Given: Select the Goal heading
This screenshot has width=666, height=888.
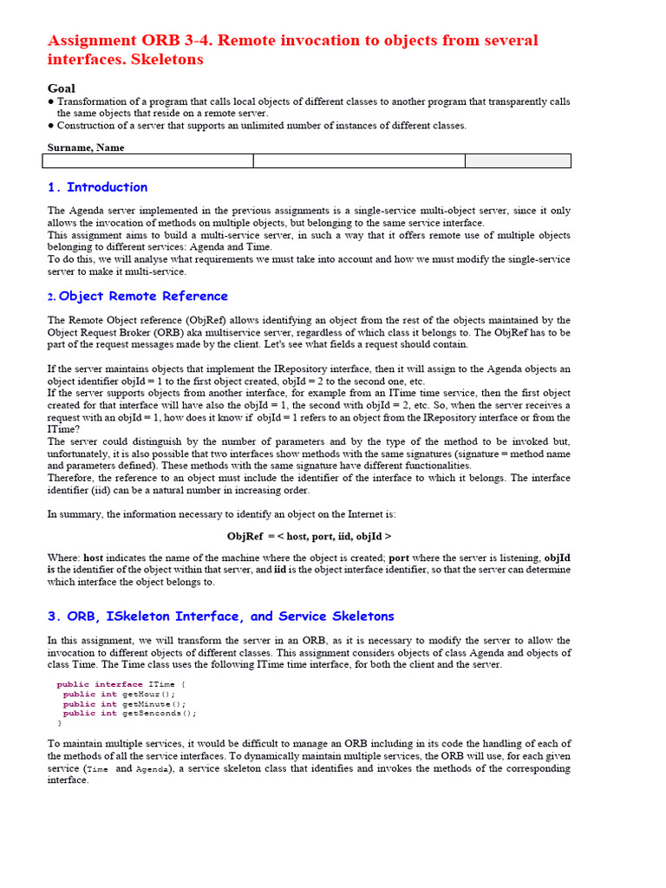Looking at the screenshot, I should coord(61,88).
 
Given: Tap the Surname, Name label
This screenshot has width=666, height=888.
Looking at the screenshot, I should coord(86,147).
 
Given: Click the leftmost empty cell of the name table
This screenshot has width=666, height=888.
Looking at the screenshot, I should coord(147,160).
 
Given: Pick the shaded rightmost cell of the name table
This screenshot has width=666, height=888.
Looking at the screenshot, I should coord(518,160).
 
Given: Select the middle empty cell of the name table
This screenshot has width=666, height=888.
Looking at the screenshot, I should coord(359,160).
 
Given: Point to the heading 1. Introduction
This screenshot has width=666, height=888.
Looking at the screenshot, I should coord(97,187).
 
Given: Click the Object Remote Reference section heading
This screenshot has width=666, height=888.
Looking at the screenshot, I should coord(143,296).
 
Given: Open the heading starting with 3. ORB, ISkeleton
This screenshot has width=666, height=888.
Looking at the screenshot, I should coord(220,617).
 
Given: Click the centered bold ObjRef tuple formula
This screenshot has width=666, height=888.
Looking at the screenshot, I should coord(309,536).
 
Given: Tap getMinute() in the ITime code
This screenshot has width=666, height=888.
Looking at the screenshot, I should coord(153,703).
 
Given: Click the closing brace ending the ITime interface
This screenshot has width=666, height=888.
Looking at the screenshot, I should coord(59,722).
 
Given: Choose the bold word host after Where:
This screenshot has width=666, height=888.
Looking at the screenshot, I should coord(94,557).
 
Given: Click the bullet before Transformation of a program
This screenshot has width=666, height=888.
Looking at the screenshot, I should coord(50,101).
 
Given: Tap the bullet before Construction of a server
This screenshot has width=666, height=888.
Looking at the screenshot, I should coord(50,125).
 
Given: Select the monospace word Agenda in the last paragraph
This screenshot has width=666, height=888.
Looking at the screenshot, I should coord(153,768).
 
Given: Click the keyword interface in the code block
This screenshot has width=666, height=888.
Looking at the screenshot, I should coord(119,684).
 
